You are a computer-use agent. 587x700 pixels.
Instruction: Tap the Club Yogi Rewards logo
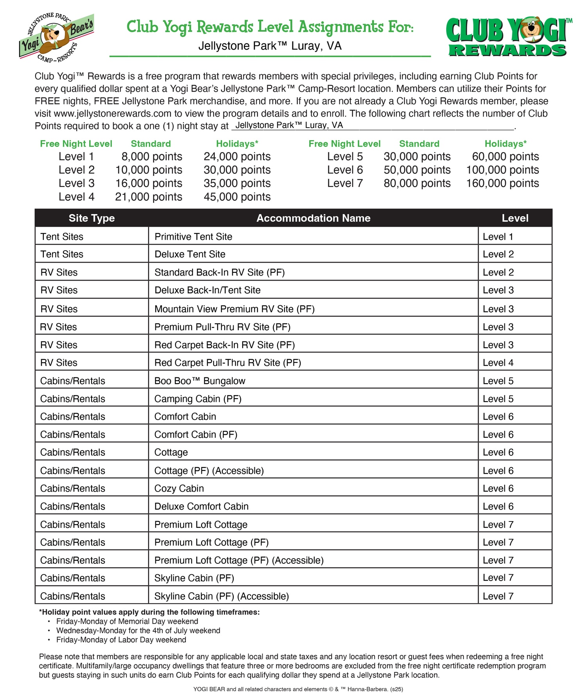click(508, 37)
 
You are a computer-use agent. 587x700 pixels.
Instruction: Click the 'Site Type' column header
click(92, 218)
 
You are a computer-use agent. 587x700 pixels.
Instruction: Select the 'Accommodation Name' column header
click(313, 218)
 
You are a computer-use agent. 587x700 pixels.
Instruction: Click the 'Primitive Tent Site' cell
click(193, 236)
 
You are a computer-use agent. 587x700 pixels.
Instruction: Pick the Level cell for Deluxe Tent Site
click(498, 254)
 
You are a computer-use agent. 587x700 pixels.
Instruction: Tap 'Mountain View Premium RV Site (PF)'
click(234, 309)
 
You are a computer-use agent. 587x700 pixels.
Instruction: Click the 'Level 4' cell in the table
click(498, 363)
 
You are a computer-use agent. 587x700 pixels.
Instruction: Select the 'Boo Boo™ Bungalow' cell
click(200, 381)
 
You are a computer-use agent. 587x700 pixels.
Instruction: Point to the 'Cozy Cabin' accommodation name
click(179, 488)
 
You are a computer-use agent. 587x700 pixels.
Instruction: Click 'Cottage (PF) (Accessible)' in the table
click(209, 471)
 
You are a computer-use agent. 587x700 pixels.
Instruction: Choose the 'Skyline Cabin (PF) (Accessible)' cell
click(221, 596)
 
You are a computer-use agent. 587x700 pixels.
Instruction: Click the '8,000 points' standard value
click(151, 157)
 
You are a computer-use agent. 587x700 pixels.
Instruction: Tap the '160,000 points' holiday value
click(502, 183)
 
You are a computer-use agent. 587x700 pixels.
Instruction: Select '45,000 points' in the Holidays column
click(237, 197)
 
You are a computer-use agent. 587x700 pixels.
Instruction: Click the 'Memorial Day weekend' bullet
click(127, 621)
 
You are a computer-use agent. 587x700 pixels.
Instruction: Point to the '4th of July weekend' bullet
click(138, 630)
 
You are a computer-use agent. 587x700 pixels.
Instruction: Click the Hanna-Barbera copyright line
click(298, 689)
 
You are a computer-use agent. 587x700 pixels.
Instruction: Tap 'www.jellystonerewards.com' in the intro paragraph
click(113, 114)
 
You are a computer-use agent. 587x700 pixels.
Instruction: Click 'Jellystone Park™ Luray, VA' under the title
click(270, 46)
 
